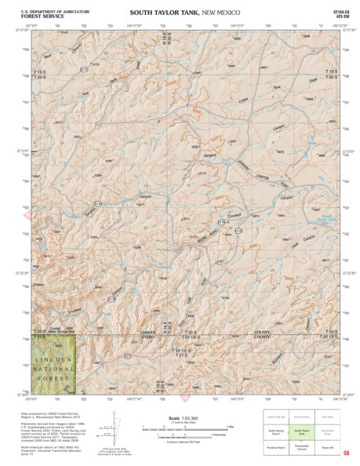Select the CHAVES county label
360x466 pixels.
pos(160,332)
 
